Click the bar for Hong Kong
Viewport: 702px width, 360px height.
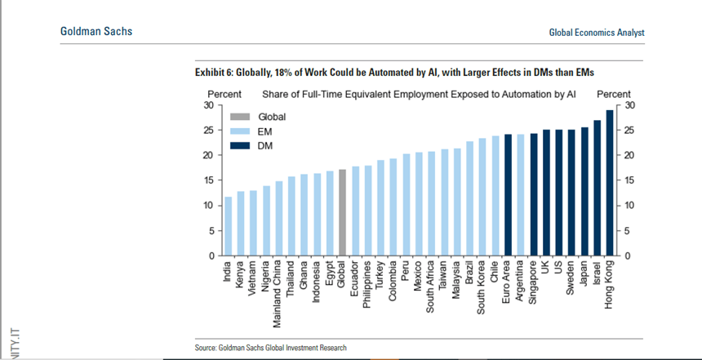tap(609, 183)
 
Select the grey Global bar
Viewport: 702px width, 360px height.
tap(343, 212)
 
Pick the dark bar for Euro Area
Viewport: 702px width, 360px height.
tap(508, 195)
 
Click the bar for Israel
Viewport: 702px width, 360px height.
tap(597, 188)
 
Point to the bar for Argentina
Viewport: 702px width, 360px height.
tap(521, 195)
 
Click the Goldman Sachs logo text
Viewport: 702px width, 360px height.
tap(96, 31)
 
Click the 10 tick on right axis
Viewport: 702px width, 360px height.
tap(630, 206)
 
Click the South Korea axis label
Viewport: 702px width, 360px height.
tap(482, 285)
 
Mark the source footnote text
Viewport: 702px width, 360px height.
tap(270, 348)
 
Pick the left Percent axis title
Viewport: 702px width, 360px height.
tap(224, 95)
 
